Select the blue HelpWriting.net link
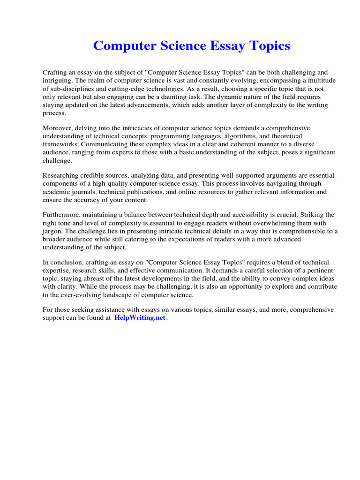(140, 318)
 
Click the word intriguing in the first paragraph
(58, 81)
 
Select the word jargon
(53, 231)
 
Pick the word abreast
(97, 279)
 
